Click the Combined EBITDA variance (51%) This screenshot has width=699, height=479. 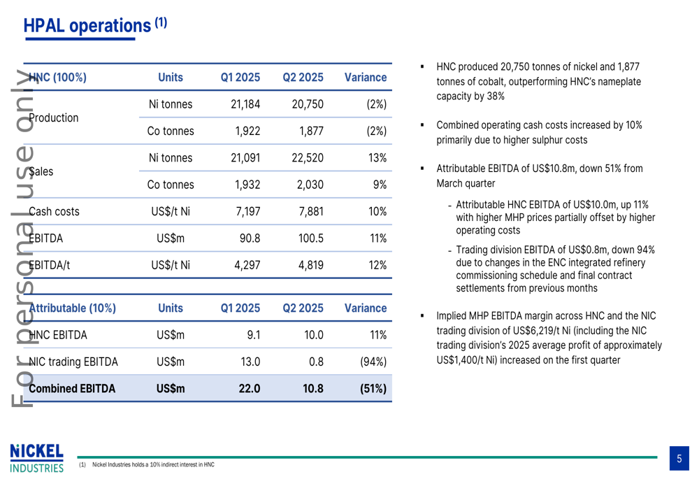372,388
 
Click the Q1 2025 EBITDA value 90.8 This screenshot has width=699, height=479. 250,238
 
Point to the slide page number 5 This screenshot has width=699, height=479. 679,459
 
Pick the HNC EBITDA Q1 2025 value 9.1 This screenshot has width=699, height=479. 253,335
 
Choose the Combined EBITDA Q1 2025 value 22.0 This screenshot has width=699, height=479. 250,388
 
